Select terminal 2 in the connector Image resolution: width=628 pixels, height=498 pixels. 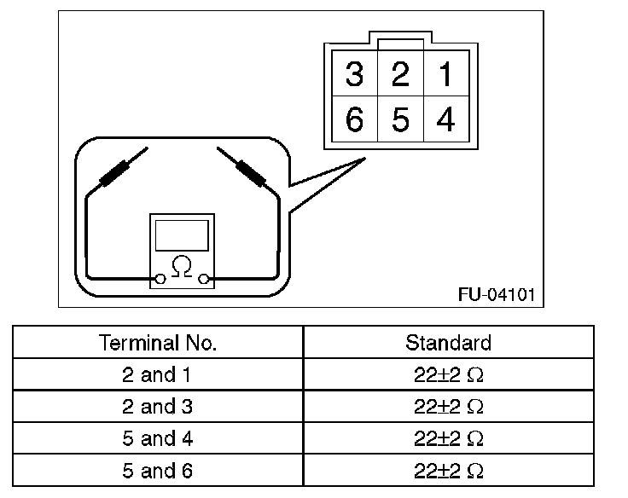coord(399,75)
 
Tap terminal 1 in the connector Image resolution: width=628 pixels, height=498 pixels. coord(445,75)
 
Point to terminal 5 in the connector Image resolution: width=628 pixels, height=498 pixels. coord(399,120)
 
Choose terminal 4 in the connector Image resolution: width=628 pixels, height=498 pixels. coord(445,120)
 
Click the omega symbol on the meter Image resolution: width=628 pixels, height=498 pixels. coord(181,267)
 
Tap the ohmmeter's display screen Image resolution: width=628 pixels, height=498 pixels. coord(181,235)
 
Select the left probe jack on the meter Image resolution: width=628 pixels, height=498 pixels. coord(160,278)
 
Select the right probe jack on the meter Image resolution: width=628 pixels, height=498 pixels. coord(203,278)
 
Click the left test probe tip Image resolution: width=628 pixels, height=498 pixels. coord(143,151)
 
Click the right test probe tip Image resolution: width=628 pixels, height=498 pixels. coord(221,151)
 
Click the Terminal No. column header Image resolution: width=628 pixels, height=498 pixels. coord(158,343)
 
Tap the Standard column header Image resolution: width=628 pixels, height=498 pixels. coord(448,343)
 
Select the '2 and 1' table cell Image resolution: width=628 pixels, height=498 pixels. coord(158,374)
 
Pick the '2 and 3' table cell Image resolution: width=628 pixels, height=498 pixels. coord(158,406)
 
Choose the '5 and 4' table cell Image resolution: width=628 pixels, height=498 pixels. coord(158,438)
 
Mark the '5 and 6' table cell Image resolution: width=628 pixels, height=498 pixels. coord(158,470)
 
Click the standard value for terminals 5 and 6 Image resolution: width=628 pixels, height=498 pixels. coord(448,470)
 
